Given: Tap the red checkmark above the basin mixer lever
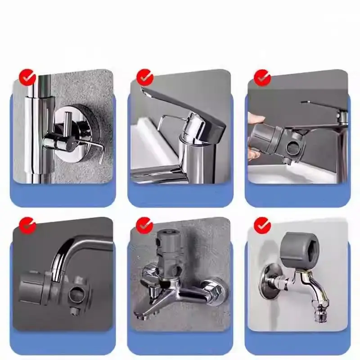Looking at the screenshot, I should pos(145,77).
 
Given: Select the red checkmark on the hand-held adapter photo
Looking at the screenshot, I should pos(262,77).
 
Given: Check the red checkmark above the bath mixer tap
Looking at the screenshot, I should pos(145,225).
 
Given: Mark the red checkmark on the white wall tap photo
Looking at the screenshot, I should pos(262,225).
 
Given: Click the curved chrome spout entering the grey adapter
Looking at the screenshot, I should pos(63,261).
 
